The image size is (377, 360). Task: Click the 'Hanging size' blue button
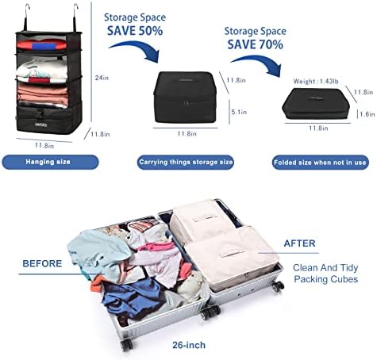tap(50, 162)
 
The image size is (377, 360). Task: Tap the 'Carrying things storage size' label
tap(186, 162)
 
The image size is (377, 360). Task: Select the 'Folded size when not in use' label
tap(320, 163)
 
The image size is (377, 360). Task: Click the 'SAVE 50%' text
tap(135, 31)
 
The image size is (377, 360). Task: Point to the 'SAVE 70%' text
tap(256, 44)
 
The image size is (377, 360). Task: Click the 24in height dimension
tap(102, 78)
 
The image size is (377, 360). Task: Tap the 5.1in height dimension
tap(239, 112)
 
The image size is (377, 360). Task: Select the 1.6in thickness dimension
tap(367, 114)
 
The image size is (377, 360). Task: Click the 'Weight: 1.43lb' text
tap(316, 82)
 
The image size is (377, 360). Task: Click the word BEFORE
tap(42, 263)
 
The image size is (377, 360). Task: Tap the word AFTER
tap(299, 243)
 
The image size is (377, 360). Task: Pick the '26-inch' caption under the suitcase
tap(189, 345)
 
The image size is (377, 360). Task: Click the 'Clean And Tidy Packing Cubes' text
tap(325, 274)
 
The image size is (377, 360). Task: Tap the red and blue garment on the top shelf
tap(42, 45)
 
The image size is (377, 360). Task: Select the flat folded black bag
tap(316, 104)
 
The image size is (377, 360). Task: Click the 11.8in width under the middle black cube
tap(187, 134)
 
